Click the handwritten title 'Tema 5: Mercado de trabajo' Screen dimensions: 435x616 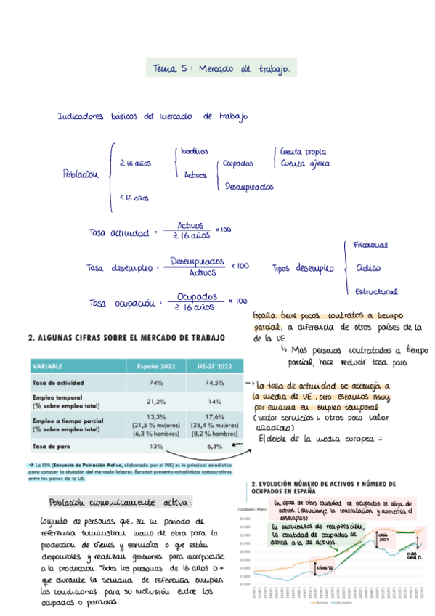pos(221,69)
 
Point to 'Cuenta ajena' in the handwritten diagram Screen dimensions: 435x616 pos(304,164)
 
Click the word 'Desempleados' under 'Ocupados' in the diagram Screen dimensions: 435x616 pos(249,187)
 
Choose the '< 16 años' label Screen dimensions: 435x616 pos(134,197)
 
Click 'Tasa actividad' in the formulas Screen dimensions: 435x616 pos(118,232)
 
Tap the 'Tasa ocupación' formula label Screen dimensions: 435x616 pos(118,302)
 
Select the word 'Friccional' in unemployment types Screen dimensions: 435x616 pos(370,246)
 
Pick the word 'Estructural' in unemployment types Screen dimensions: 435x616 pos(376,291)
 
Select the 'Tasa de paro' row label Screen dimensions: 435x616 pos(52,446)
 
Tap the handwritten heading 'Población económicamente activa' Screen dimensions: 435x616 pos(120,502)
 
